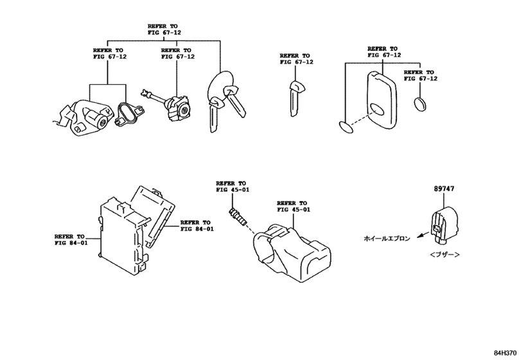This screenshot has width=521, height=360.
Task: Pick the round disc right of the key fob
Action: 421,104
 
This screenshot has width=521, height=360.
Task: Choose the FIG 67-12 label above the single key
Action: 296,59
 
